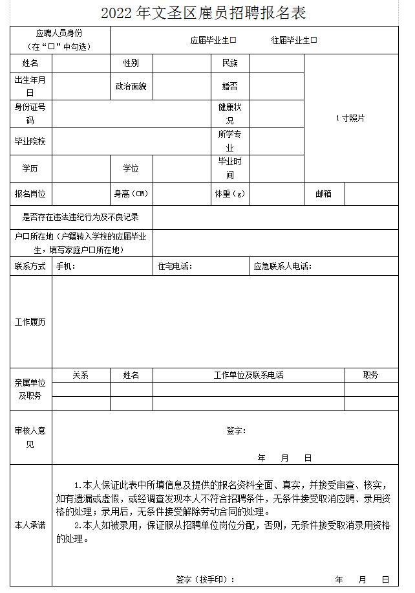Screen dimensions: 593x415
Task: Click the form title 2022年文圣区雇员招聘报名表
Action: (x=204, y=12)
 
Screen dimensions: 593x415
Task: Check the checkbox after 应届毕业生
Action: (x=233, y=40)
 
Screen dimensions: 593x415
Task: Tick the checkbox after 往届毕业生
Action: (x=314, y=40)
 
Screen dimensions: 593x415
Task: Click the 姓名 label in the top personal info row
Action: (x=30, y=63)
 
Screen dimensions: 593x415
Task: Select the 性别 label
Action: (x=131, y=63)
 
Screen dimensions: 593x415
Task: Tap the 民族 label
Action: (x=230, y=63)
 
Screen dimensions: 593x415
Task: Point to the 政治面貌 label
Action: (x=131, y=86)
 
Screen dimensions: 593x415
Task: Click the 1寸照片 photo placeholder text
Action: (x=350, y=118)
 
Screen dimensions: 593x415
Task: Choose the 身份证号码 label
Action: (x=30, y=114)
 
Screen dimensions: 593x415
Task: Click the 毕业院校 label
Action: (x=30, y=141)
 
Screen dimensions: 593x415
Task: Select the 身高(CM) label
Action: (x=131, y=194)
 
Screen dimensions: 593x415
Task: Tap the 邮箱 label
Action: (x=324, y=194)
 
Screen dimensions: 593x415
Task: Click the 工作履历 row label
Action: (x=30, y=322)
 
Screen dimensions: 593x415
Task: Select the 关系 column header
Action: (x=81, y=375)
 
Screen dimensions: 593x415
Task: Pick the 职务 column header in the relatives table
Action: (x=371, y=375)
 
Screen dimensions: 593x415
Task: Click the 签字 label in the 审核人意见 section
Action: (x=236, y=431)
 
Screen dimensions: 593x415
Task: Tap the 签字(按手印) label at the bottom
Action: (x=205, y=579)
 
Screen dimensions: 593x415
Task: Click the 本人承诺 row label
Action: (x=30, y=525)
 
